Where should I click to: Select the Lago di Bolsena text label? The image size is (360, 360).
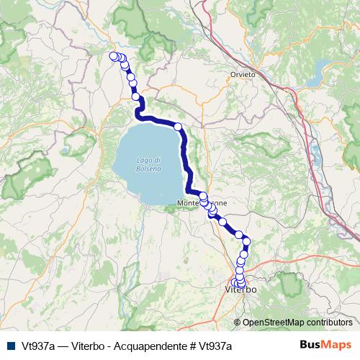pos(148,163)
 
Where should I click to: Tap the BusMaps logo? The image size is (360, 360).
pos(326,345)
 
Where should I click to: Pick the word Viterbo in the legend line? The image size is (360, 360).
pos(90,346)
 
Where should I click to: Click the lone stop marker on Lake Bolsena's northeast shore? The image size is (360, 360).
pos(178,126)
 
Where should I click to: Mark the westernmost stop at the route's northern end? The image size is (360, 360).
pos(112,55)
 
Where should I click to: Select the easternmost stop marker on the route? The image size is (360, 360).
pos(246,241)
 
